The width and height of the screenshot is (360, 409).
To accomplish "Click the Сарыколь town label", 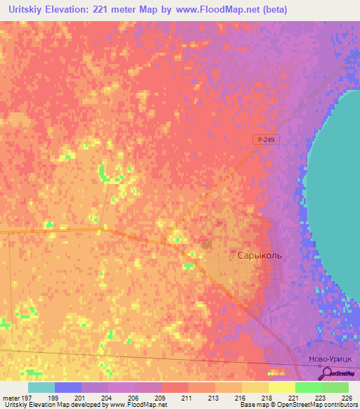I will click(258, 256).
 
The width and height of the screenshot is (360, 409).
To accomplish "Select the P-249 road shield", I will click(265, 141).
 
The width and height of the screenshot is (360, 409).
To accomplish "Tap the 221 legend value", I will click(281, 397).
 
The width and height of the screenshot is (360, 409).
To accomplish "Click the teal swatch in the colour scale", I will click(41, 387).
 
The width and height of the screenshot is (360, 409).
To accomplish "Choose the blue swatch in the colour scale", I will click(67, 387).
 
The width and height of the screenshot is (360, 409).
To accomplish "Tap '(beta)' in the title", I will click(273, 10).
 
